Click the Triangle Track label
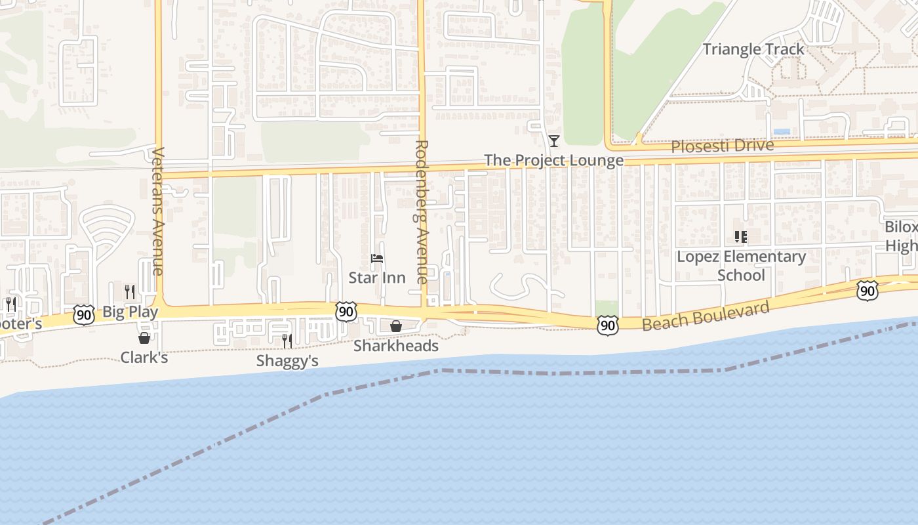click(753, 49)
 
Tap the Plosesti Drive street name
click(722, 146)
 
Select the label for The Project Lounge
click(553, 161)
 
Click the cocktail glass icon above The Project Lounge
click(554, 141)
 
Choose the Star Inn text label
click(376, 278)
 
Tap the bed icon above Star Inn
click(376, 259)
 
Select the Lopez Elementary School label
click(741, 265)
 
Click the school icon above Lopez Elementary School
click(741, 237)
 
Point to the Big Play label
click(130, 312)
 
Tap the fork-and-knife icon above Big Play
click(130, 291)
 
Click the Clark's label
click(144, 358)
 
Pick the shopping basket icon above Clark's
click(144, 338)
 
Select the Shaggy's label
click(287, 361)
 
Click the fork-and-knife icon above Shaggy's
click(287, 341)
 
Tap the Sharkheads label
click(396, 346)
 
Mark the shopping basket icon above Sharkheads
click(396, 326)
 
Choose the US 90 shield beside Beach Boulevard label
click(608, 325)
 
